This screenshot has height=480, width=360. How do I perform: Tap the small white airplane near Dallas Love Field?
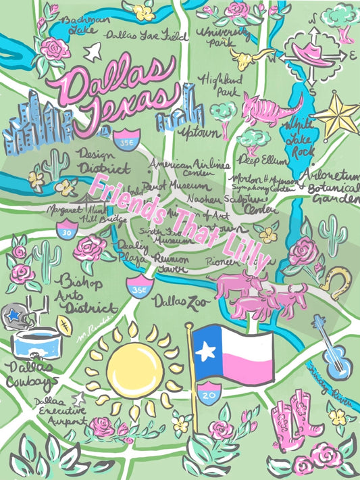click(x=95, y=49)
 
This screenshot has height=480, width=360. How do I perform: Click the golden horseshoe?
click(x=334, y=277)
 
